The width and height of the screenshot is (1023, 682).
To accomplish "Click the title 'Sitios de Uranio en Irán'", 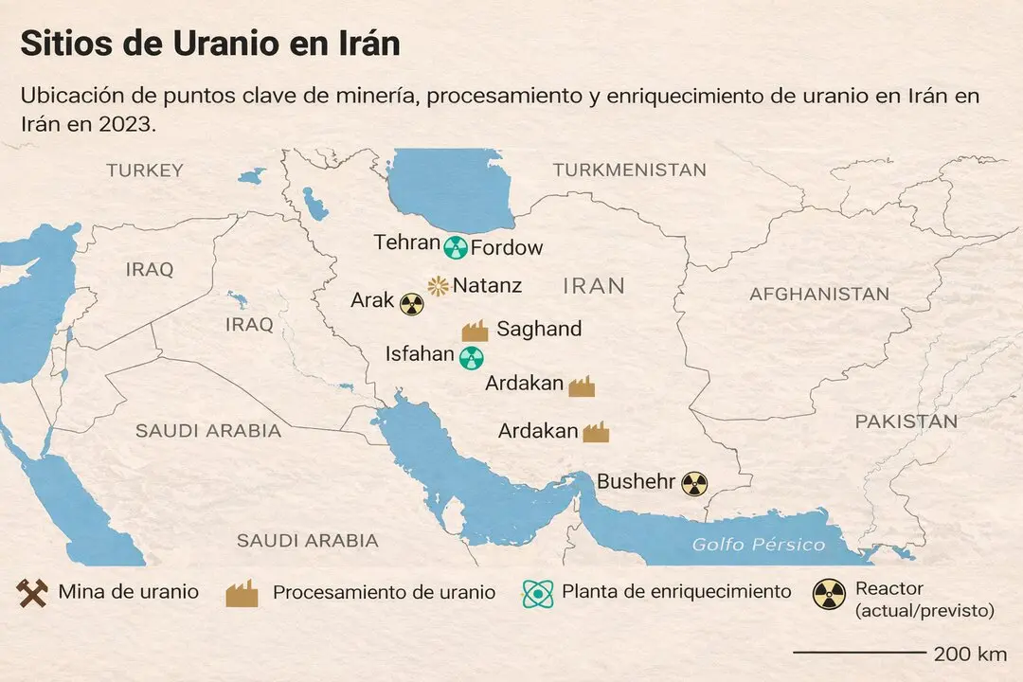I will tap(210, 44).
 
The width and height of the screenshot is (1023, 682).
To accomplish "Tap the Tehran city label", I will tap(407, 242).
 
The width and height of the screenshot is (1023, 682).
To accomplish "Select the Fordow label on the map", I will tap(507, 248).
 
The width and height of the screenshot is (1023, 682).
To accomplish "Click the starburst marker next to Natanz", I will tap(438, 284).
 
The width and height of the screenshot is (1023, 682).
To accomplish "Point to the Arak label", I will tap(372, 300).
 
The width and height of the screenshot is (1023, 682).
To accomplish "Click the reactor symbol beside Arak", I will tap(411, 303).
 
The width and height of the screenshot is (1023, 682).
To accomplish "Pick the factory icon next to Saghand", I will tap(475, 331).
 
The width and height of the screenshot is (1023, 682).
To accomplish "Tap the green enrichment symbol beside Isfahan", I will tap(471, 357).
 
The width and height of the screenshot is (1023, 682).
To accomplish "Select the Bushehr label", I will tap(637, 482).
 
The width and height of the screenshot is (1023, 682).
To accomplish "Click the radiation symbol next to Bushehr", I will tap(694, 484).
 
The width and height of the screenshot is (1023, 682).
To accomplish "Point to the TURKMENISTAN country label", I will tap(630, 170).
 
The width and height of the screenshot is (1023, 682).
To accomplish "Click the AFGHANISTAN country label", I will tap(819, 294).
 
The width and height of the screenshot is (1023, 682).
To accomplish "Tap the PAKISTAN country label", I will tap(906, 422).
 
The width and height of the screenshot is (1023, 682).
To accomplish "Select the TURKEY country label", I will tap(145, 170).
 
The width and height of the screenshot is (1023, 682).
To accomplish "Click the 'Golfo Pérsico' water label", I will tap(759, 545).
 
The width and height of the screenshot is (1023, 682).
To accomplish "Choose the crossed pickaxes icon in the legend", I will tap(31, 593).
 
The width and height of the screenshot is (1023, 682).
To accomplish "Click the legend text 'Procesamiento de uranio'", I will tap(384, 593).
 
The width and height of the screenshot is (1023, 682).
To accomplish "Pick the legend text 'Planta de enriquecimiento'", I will tap(676, 592).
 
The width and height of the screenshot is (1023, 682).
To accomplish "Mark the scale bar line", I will tap(858, 653).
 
